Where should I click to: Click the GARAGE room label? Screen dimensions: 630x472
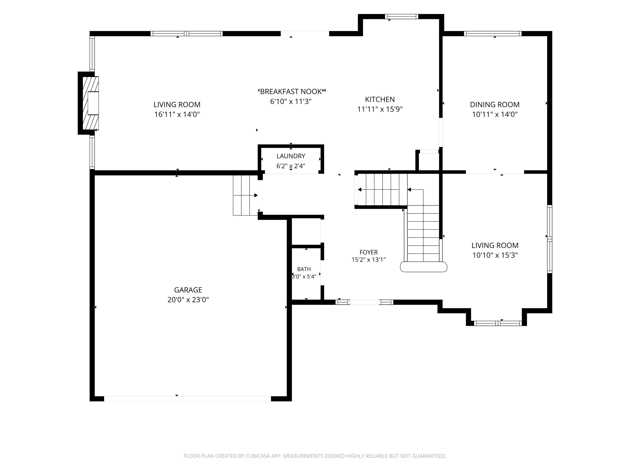[188, 290]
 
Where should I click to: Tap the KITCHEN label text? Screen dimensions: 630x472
[380, 99]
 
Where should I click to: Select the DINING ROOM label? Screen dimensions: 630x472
[495, 104]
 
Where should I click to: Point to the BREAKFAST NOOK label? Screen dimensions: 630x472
[291, 92]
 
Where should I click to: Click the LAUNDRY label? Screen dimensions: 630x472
[291, 156]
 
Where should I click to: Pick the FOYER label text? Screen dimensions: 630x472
[369, 252]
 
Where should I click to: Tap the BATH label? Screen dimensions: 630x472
[304, 269]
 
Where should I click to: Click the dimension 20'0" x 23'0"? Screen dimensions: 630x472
[188, 300]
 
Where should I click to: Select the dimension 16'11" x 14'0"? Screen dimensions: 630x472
[177, 114]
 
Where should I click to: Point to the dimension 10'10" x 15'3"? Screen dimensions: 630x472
[495, 255]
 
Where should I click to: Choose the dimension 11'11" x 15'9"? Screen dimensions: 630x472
[380, 109]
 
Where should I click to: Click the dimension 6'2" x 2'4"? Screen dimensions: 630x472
[291, 166]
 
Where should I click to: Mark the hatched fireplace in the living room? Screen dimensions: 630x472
[91, 103]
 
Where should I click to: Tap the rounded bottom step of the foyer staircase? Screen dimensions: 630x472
[424, 267]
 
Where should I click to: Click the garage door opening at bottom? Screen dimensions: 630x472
[188, 398]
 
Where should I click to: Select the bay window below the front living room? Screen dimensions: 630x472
[498, 323]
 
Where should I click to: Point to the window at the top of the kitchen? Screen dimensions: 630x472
[402, 16]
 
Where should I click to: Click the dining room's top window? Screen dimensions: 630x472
[493, 34]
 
